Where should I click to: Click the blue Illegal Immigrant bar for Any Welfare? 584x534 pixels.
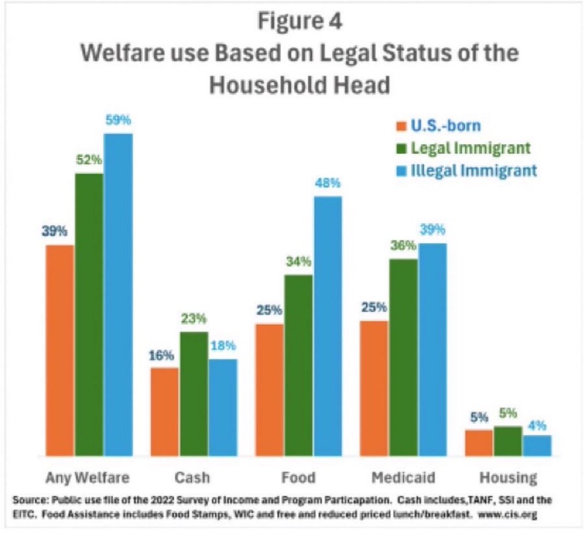pyautogui.click(x=118, y=295)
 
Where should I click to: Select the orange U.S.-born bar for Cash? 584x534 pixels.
pyautogui.click(x=164, y=412)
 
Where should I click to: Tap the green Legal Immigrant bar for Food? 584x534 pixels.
pyautogui.click(x=299, y=365)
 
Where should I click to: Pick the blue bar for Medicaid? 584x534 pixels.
pyautogui.click(x=432, y=349)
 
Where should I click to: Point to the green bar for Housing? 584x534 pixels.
pyautogui.click(x=508, y=441)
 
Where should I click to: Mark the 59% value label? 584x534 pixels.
pyautogui.click(x=118, y=121)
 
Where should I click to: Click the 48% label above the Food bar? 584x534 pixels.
pyautogui.click(x=327, y=184)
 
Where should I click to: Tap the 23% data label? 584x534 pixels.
pyautogui.click(x=193, y=319)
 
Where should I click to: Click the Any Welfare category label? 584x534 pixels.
pyautogui.click(x=88, y=478)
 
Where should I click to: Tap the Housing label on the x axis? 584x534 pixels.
pyautogui.click(x=508, y=478)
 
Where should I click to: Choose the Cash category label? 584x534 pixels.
pyautogui.click(x=192, y=478)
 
